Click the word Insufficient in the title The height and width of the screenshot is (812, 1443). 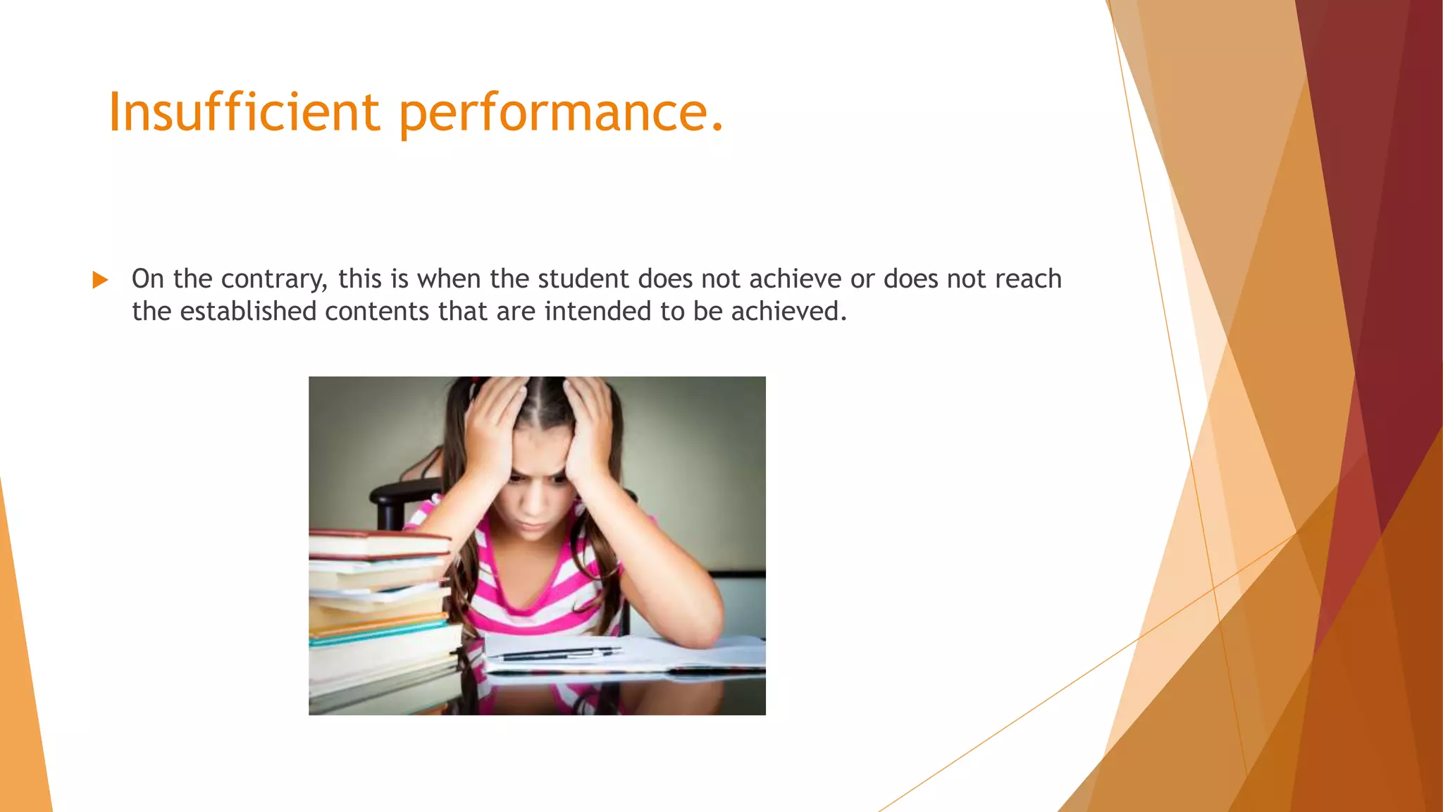[244, 113]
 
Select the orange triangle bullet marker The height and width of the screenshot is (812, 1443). [100, 281]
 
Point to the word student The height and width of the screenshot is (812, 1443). [583, 279]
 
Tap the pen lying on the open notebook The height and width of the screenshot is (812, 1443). [557, 654]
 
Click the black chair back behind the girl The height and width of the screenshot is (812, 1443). [402, 493]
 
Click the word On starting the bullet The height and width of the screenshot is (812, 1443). [147, 279]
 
